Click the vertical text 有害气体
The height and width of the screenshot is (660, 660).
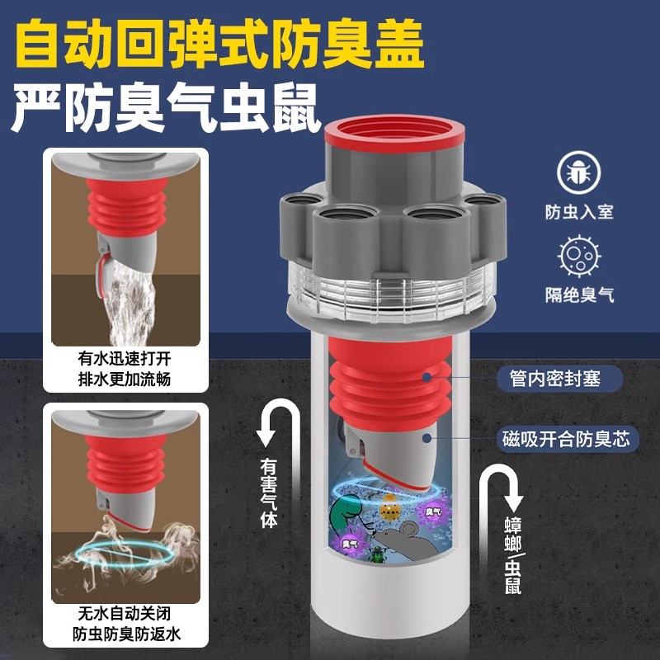(269, 493)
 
